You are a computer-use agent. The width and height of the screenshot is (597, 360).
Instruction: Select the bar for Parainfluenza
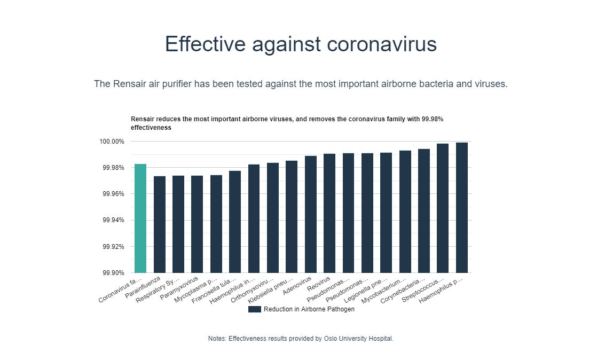(x=160, y=224)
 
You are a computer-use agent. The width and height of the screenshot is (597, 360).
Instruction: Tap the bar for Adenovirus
(x=311, y=214)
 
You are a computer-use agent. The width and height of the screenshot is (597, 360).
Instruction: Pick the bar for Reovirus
(x=329, y=213)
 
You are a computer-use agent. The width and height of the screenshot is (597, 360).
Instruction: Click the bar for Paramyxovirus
(x=197, y=224)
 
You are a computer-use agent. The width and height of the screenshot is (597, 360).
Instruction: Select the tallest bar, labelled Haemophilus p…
(x=462, y=208)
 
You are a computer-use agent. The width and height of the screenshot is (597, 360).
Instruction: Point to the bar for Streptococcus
(x=443, y=208)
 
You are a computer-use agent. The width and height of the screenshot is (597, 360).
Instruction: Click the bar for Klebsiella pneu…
(x=292, y=216)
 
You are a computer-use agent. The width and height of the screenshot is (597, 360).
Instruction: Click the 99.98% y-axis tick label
(x=113, y=168)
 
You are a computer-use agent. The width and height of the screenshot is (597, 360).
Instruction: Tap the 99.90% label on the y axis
(x=113, y=273)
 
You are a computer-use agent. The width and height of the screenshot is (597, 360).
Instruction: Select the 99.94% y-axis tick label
(x=113, y=220)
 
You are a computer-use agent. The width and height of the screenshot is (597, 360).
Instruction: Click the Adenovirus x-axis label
(x=297, y=284)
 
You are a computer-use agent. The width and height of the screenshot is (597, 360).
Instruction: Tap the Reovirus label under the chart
(x=319, y=283)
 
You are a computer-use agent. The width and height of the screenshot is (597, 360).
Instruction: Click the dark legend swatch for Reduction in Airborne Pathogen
(x=255, y=309)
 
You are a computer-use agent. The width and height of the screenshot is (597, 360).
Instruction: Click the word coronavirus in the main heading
(x=382, y=44)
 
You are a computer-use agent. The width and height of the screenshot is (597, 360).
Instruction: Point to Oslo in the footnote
(x=331, y=339)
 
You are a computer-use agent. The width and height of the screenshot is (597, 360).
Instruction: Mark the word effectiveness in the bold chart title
(x=151, y=128)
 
